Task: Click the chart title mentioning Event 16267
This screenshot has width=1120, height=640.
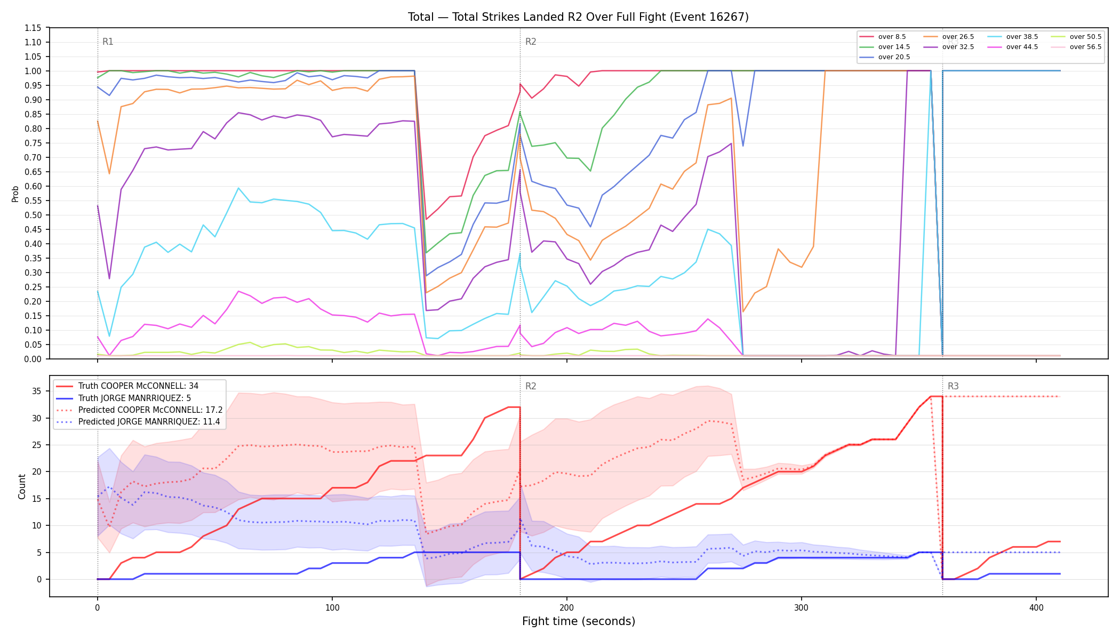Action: [x=578, y=17]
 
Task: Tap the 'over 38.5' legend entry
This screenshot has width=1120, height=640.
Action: [x=1012, y=37]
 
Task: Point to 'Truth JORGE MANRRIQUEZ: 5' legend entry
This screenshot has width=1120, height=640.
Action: [x=123, y=398]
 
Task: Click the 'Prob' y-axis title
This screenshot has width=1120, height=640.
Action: [x=15, y=194]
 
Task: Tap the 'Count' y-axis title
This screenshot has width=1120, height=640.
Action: [x=22, y=486]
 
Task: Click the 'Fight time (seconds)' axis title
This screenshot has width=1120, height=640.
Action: [x=579, y=621]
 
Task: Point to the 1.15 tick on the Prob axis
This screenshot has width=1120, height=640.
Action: [x=33, y=28]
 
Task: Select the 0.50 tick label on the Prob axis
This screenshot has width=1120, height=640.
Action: [x=33, y=215]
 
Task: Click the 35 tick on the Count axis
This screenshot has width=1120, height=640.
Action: [x=36, y=391]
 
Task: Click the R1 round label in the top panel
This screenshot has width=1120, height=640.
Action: [x=108, y=42]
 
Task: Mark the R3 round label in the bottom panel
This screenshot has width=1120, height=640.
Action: [x=953, y=386]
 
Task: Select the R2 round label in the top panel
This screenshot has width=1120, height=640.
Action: [x=531, y=42]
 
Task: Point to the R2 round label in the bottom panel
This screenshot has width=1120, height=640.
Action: [x=531, y=386]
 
